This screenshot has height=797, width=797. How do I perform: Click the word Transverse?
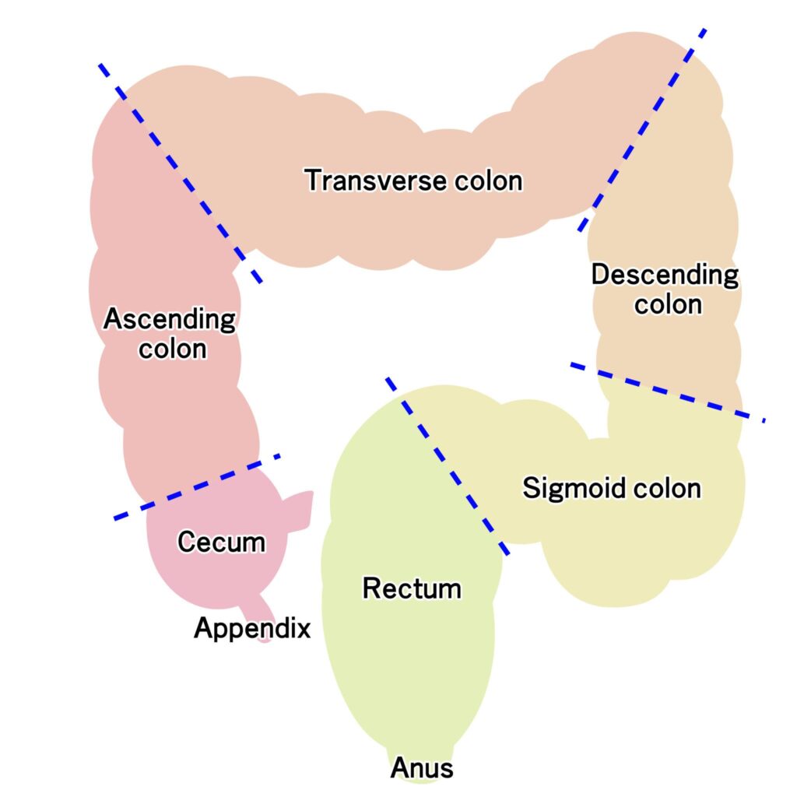tap(368, 181)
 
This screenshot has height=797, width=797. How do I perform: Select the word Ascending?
tap(169, 319)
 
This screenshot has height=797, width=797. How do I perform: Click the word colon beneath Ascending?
tap(173, 349)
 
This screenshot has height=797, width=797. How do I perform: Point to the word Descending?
tap(665, 275)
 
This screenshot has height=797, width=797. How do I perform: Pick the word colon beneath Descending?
tap(668, 304)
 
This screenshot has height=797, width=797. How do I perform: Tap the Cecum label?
tap(221, 541)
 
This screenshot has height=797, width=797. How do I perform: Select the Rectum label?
tap(412, 588)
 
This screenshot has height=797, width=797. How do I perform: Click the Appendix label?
tap(252, 627)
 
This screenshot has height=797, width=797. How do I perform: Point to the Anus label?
tap(421, 768)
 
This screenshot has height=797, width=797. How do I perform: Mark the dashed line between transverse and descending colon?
tap(643, 129)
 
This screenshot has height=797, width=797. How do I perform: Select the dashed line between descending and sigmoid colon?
tap(667, 391)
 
